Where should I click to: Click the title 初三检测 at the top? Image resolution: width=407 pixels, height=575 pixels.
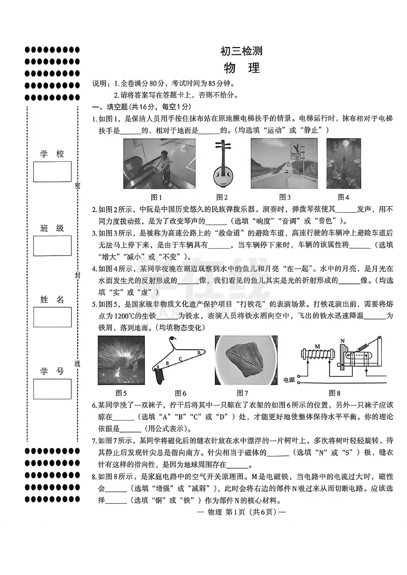click(241, 51)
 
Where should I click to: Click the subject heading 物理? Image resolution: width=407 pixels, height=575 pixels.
click(242, 68)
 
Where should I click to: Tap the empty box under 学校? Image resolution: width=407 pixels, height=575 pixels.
click(52, 172)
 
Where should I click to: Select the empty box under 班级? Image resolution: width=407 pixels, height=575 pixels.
click(52, 246)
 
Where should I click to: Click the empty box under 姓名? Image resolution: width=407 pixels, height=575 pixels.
click(52, 317)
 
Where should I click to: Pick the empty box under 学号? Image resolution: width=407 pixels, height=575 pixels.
click(52, 389)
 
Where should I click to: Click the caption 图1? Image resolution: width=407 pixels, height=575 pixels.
click(156, 197)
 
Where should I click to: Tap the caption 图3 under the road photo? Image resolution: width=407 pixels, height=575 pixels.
click(285, 197)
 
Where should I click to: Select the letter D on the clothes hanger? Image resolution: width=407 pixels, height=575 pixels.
click(199, 353)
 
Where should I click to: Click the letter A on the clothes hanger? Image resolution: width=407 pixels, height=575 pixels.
click(158, 367)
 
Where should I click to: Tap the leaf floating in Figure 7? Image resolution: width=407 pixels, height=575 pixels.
click(245, 360)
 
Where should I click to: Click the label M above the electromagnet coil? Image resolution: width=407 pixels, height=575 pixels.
click(317, 346)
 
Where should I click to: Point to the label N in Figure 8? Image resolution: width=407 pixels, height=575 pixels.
click(342, 341)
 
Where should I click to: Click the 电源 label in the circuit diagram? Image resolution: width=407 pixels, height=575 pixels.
click(289, 380)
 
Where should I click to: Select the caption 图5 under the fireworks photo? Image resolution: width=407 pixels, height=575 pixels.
click(121, 393)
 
